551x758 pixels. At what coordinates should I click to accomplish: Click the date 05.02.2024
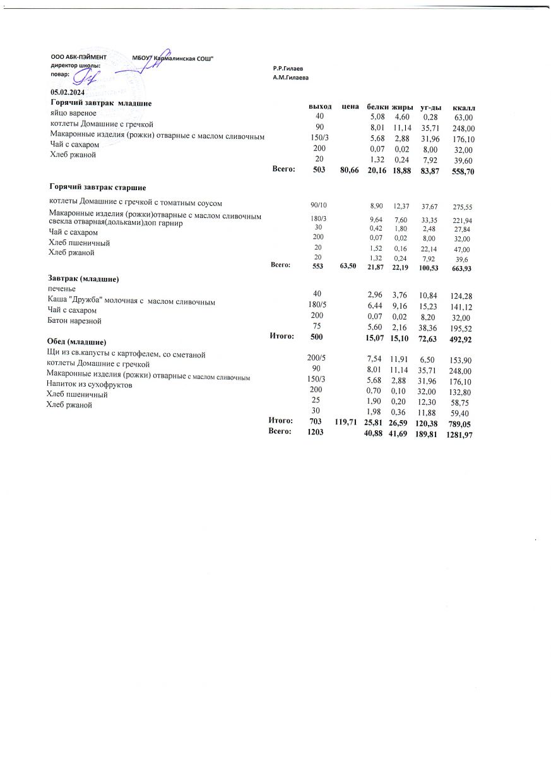(68, 93)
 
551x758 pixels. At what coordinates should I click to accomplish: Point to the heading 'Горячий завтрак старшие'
(98, 188)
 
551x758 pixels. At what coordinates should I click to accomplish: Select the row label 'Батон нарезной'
(74, 321)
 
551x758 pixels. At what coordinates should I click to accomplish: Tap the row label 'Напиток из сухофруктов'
(89, 384)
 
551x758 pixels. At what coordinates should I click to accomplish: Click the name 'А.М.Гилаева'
(290, 77)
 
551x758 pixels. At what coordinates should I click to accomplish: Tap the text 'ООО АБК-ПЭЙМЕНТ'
(78, 57)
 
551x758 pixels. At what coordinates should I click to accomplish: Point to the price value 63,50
(348, 267)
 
